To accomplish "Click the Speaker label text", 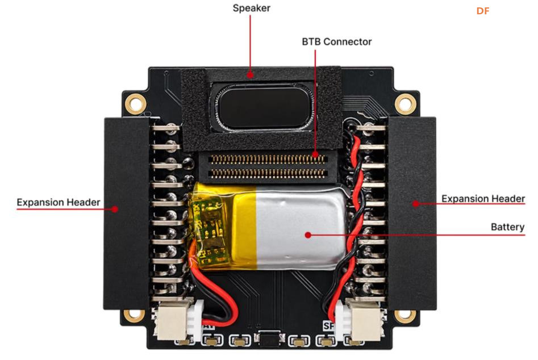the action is coord(252,8).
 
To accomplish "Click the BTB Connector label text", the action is coord(336,42).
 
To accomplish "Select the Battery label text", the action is coord(507,227).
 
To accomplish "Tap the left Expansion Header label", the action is coord(59,202).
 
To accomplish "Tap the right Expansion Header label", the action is coord(483,199).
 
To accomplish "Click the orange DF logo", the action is coord(483,11).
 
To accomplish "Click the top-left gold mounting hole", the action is coord(135,103).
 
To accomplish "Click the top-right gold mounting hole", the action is coord(405,103).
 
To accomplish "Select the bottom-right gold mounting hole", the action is coord(405,316).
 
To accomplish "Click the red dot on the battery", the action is coord(308,235).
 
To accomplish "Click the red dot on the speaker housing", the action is coord(251,74).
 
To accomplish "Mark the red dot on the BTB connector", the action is coord(315,154).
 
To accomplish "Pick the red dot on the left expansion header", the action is coord(115,209).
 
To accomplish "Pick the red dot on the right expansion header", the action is coord(416,204).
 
